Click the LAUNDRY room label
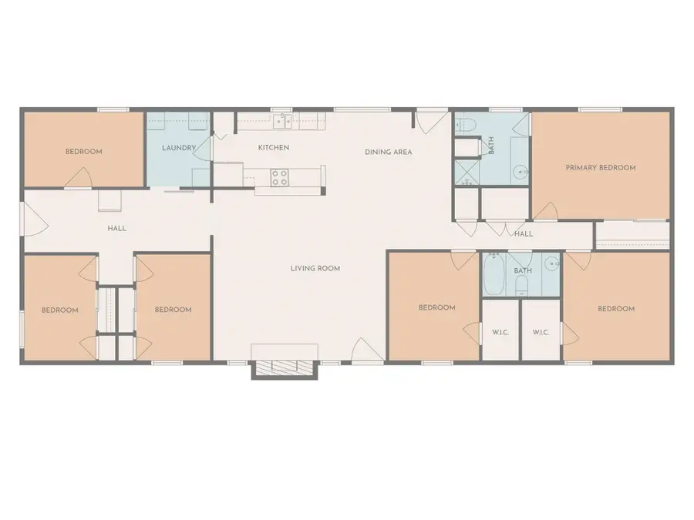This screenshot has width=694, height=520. [x=178, y=147]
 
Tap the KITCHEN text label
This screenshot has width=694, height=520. [x=273, y=147]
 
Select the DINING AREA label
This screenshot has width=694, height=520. [x=388, y=152]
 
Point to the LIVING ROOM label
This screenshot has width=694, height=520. [x=315, y=268]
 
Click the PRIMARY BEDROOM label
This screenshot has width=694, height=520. [x=600, y=167]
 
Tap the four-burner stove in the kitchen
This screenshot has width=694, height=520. [x=279, y=177]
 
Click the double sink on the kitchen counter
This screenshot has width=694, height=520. [x=283, y=120]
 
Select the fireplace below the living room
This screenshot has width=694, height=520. [x=285, y=367]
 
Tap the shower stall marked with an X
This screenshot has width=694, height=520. [x=466, y=172]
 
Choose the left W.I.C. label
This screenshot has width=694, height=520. [x=499, y=332]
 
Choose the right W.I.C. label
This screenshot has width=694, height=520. [x=541, y=332]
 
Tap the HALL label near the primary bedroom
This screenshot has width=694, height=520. [x=523, y=233]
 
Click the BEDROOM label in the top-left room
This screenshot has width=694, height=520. [x=83, y=152]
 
